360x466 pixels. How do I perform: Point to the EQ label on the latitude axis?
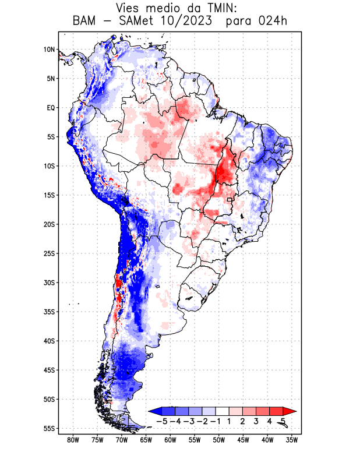click(x=51, y=108)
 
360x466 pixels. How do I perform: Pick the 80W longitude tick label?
click(x=73, y=440)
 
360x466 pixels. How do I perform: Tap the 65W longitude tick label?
click(x=146, y=440)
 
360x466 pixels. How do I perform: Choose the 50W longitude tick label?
click(x=219, y=440)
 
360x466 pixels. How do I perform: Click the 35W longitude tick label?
click(x=292, y=440)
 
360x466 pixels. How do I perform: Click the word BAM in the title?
click(x=87, y=22)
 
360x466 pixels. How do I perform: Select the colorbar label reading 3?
click(x=256, y=421)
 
